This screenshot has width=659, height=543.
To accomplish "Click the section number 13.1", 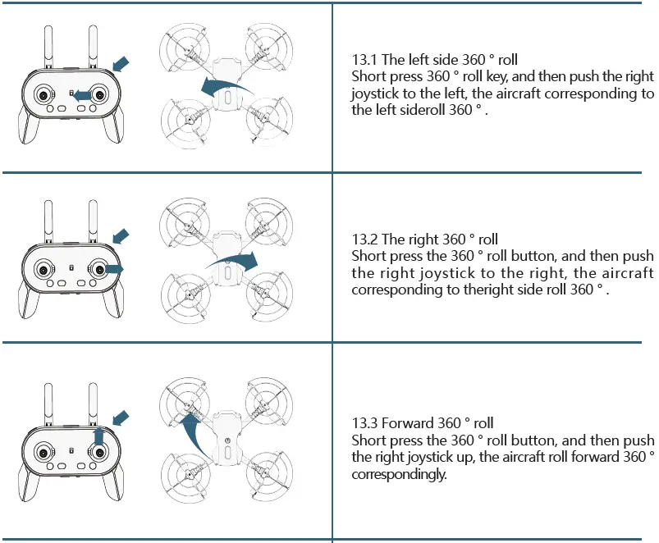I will [x=365, y=59].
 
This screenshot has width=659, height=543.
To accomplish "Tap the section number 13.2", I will [x=365, y=240].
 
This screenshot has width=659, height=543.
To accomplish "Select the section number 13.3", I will [x=365, y=423].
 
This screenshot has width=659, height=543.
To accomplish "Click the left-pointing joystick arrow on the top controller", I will [x=80, y=96].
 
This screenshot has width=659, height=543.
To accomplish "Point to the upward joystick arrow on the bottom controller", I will [x=99, y=434].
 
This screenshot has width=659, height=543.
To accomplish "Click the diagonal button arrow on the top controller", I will [x=121, y=62].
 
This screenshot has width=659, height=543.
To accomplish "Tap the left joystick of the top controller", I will [x=40, y=95].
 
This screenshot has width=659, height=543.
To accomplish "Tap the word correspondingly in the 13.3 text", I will [x=400, y=475].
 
